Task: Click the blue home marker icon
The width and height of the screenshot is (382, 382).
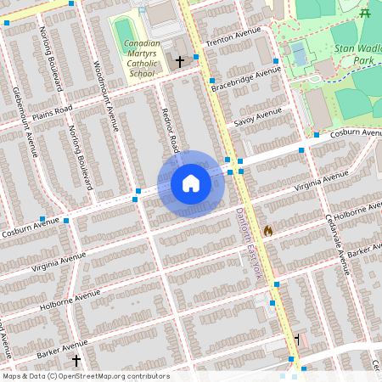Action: (x=191, y=183)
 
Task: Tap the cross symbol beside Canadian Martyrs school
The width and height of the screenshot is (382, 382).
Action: (x=179, y=62)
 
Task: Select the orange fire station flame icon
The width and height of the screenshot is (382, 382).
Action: (x=268, y=230)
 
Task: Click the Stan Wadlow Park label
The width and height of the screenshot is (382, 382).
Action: (x=354, y=44)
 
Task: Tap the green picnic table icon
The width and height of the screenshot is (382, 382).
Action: (x=365, y=13)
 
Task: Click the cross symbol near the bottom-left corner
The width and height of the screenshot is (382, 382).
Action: (x=76, y=361)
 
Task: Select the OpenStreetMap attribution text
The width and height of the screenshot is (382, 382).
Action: (x=86, y=376)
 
